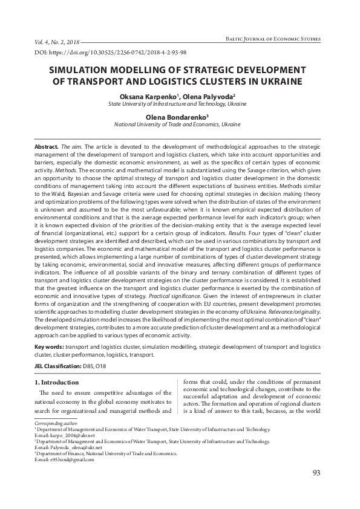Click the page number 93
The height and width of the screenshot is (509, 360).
point(315,472)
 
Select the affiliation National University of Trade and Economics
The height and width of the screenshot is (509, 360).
point(177,124)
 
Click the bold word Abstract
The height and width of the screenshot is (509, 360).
point(47,147)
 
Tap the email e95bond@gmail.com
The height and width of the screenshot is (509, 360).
point(64,459)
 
